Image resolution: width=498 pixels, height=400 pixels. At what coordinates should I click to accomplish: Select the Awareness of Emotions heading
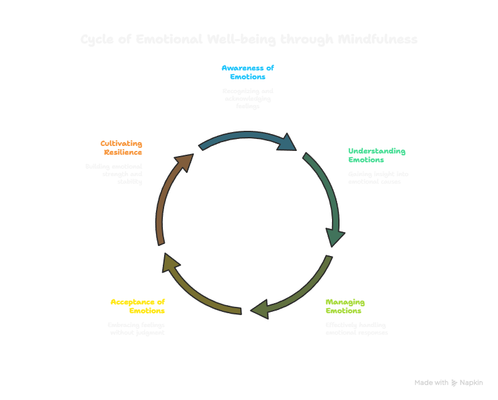tap(248, 72)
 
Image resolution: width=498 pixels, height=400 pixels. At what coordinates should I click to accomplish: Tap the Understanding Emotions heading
tap(377, 155)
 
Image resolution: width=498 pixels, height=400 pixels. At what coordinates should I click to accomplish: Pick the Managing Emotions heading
tap(345, 306)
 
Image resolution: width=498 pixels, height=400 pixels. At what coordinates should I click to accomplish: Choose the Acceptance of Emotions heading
tap(138, 306)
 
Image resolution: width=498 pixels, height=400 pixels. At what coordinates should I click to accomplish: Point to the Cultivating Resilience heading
tap(121, 148)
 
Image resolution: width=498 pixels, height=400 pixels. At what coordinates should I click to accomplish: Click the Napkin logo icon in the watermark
tap(455, 382)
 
